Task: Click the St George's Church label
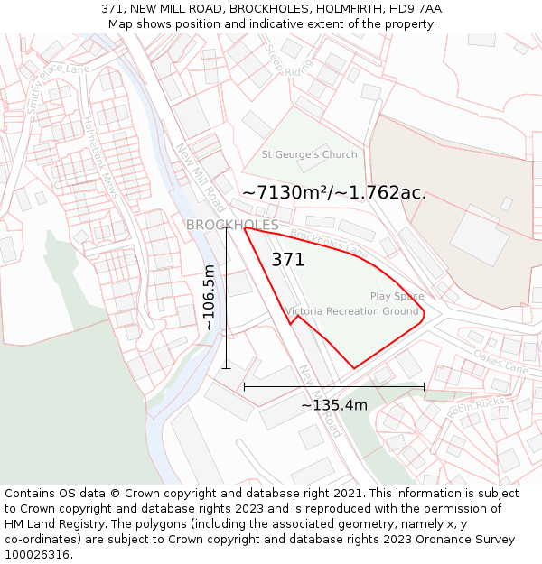pos(309,154)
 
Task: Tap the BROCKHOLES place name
pos(232,225)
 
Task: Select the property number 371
pos(288,260)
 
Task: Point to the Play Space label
pos(397,296)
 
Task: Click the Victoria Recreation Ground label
pos(352,311)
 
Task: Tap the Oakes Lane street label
pos(500,363)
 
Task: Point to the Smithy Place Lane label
pos(58,87)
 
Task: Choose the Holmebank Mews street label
pos(100,157)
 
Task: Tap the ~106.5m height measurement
pos(209,297)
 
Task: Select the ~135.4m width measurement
pos(334,405)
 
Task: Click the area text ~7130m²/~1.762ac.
pos(334,192)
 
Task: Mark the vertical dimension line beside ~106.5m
pos(226,298)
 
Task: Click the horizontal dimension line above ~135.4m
pos(334,386)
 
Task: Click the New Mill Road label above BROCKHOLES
pos(201,171)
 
